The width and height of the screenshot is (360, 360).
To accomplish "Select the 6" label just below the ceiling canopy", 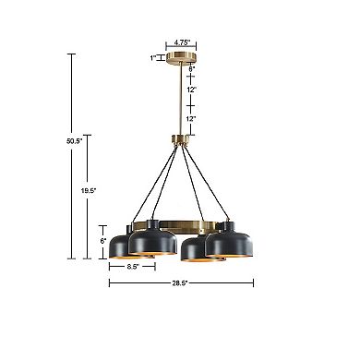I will click(191, 67).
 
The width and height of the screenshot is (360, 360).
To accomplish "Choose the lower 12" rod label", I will click(191, 120).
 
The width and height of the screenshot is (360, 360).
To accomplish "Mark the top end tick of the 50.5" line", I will click(70, 54).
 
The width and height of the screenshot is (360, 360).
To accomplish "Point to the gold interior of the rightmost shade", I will click(231, 257).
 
